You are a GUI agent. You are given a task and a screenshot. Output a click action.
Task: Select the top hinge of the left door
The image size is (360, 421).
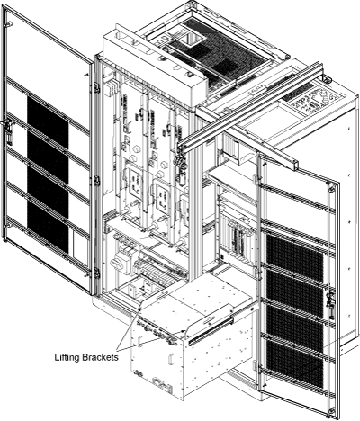(x=96, y=87)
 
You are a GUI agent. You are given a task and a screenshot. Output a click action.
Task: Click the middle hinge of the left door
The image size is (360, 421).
(x=96, y=180)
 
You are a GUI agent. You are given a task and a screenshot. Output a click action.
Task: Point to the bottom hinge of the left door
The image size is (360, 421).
(x=96, y=273)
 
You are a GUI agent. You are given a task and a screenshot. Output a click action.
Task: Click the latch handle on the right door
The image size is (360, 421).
(x=331, y=306)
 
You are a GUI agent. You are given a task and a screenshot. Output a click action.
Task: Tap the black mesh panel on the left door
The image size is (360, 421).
(x=48, y=174)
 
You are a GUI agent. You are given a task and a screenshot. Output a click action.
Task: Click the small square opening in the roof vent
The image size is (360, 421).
(x=191, y=38)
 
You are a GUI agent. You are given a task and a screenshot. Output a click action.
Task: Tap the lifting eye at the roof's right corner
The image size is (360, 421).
(x=325, y=78)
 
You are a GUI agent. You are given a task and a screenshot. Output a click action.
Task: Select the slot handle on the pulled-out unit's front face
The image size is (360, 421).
(x=171, y=358)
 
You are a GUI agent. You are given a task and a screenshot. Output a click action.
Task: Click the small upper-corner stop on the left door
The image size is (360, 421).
(x=9, y=23)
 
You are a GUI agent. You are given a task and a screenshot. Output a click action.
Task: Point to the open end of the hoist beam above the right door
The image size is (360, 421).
(x=294, y=165)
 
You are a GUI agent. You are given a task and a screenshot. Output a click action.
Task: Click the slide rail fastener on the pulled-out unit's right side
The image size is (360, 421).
(x=251, y=309)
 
